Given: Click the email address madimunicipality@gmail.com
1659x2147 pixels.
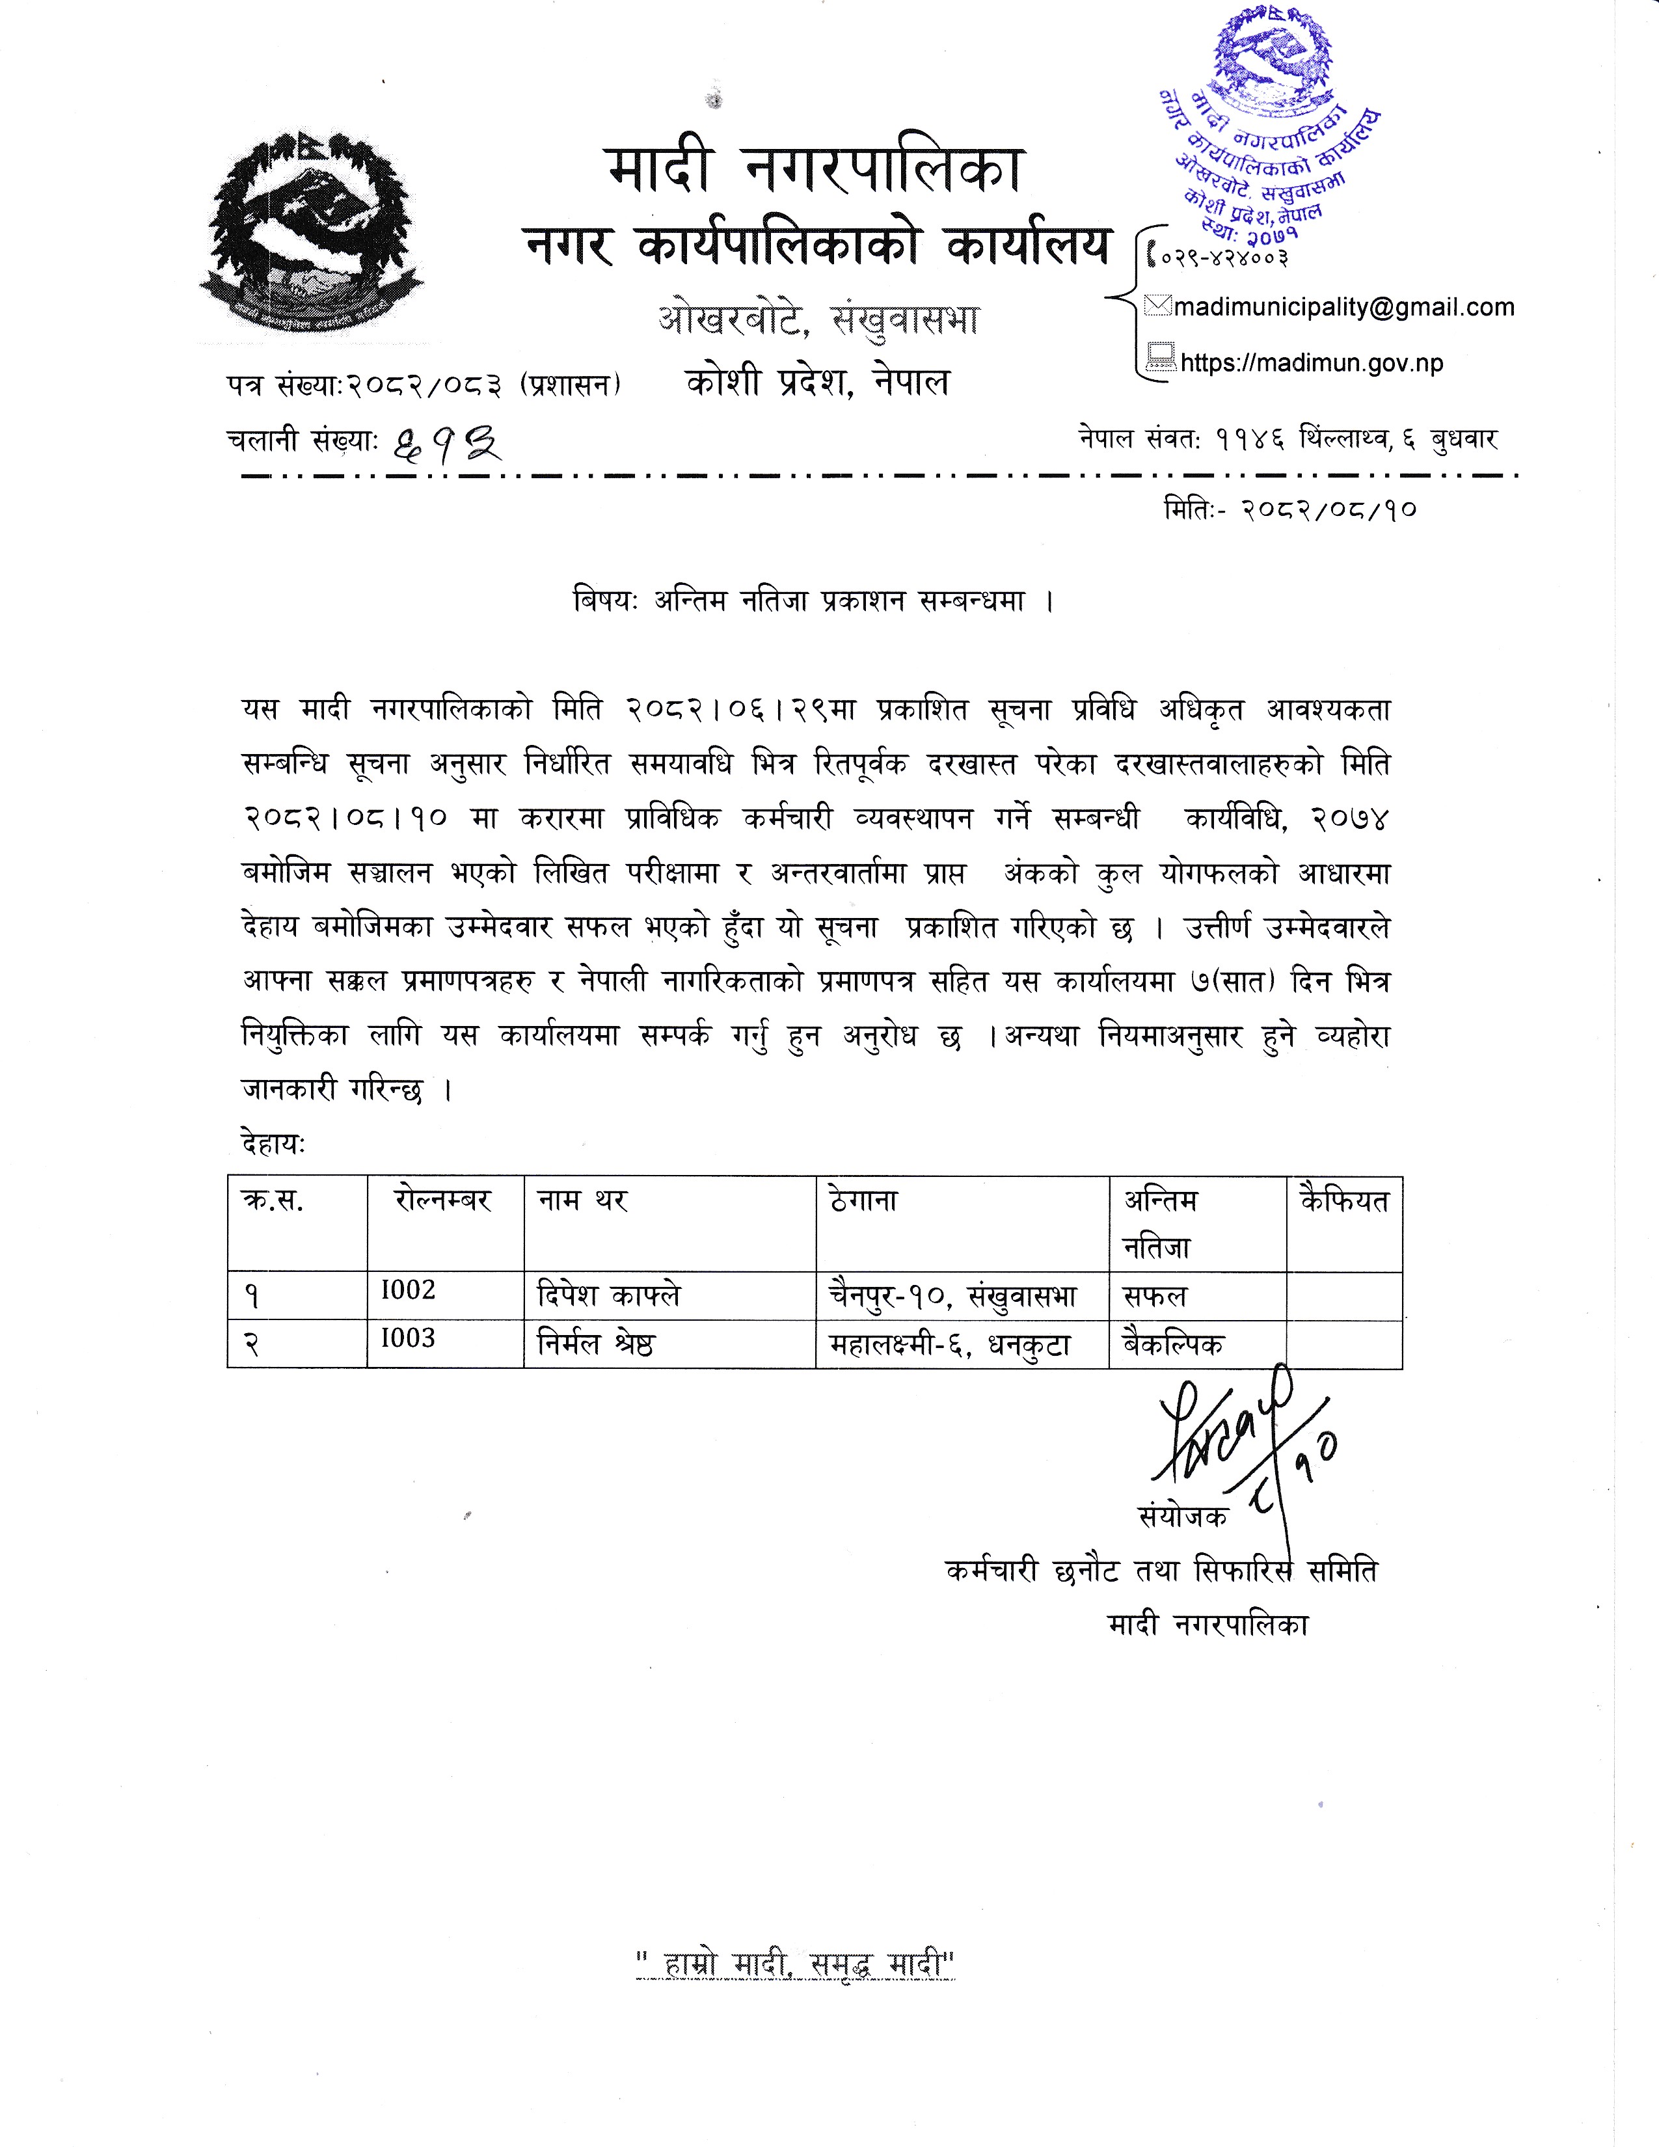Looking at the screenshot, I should pos(1343,308).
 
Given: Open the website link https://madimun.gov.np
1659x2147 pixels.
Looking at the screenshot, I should pos(1311,363).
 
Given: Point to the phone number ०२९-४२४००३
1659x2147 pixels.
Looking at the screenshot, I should pos(1224,258).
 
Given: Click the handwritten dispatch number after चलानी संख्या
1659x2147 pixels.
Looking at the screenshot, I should pos(447,448).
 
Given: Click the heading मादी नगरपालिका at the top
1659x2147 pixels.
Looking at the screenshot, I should pos(815,169).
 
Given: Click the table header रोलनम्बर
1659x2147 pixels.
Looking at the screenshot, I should pos(442,1200).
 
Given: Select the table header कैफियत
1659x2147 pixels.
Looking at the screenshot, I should pos(1343,1200).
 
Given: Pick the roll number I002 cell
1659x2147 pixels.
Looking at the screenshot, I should pos(408,1291).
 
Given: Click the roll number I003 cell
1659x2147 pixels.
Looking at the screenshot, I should pos(408,1339).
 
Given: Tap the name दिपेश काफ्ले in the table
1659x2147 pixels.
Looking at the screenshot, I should pos(608,1295).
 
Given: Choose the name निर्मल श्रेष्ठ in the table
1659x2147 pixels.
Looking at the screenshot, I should pos(595,1344).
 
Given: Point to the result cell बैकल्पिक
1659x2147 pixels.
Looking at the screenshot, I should pos(1174,1344).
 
